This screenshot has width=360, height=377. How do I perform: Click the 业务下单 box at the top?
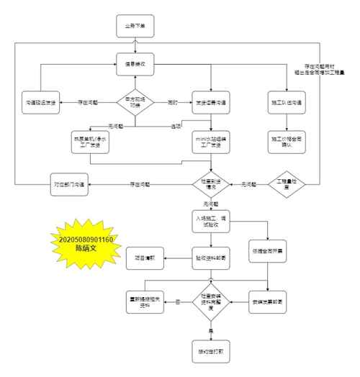tap(135, 26)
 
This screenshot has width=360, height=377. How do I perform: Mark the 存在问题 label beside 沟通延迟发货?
tap(89, 103)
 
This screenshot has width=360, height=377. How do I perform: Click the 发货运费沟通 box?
tap(212, 102)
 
